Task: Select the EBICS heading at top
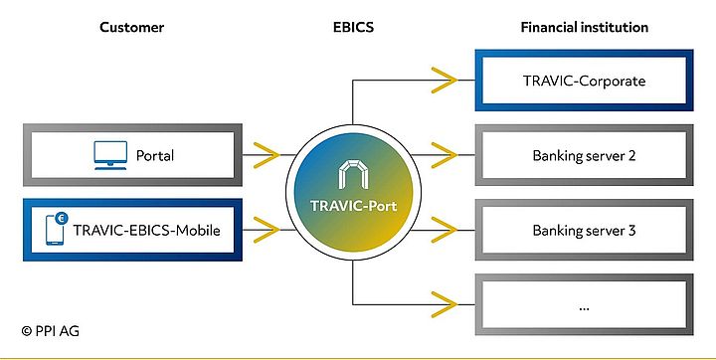point(353,27)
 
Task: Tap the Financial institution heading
point(584,27)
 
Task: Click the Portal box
point(132,155)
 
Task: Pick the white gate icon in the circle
point(353,174)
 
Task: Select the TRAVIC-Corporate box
point(584,79)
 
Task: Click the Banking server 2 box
point(584,155)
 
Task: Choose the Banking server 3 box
point(584,232)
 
